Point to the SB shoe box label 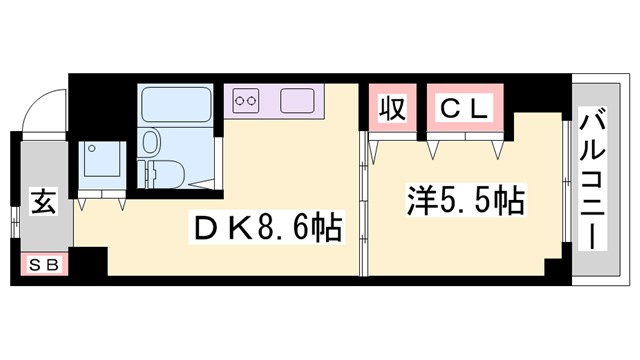tap(44, 265)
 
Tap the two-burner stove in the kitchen tap(247, 100)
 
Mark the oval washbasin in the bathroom tap(153, 139)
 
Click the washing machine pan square tap(101, 159)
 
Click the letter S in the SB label tap(36, 265)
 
